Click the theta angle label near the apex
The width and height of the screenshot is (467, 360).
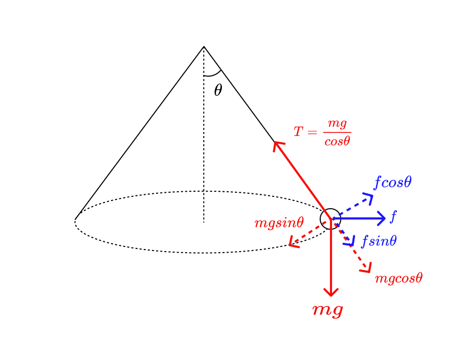[x=218, y=91]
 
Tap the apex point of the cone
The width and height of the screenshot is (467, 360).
[x=204, y=47]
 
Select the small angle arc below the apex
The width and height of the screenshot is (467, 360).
[x=212, y=74]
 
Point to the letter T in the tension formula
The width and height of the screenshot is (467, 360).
[x=298, y=132]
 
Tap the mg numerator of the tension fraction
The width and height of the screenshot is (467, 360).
[x=337, y=123]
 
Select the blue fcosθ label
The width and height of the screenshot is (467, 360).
[x=392, y=182]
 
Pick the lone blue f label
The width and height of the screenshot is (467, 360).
[x=393, y=217]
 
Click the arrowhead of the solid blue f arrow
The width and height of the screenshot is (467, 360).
[x=384, y=219]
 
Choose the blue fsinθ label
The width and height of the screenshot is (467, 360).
[x=379, y=241]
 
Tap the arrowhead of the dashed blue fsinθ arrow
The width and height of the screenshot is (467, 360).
[x=352, y=244]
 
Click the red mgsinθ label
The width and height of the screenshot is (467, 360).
[x=279, y=222]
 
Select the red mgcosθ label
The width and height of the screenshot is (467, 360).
[x=398, y=278]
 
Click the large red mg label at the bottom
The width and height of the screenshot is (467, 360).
[x=327, y=310]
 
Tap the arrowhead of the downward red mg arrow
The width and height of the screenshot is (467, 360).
[x=331, y=294]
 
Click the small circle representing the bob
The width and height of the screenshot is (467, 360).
[x=330, y=219]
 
